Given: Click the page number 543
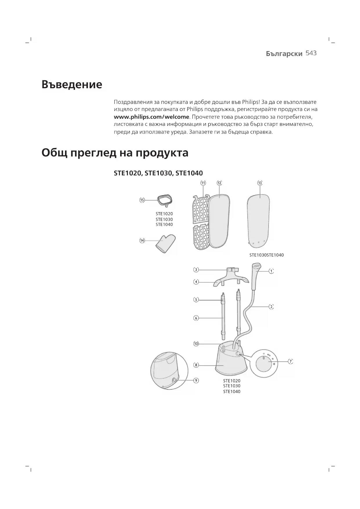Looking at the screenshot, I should point(311,53).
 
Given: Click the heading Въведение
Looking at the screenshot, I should point(72,84).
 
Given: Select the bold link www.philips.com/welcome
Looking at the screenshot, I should point(151,117).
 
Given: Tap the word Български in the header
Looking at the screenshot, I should point(284,54).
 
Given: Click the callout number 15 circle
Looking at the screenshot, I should point(142,200).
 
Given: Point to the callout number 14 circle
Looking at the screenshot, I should point(142,241).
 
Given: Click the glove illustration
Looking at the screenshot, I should point(166,243).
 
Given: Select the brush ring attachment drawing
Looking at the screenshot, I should point(165,201).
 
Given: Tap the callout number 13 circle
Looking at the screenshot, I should point(260,183).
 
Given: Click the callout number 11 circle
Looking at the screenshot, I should point(203,183).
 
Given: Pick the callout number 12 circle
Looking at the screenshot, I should point(219,183).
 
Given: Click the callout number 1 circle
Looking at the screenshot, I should point(271,271).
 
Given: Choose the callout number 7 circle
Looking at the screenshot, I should point(290,361).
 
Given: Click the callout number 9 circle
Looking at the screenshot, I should point(196,380).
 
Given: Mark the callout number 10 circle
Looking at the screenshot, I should point(196,344).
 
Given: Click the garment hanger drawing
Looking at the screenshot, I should point(231,278).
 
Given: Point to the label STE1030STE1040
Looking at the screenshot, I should point(267,255).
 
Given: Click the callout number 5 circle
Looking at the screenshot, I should point(196,299).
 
